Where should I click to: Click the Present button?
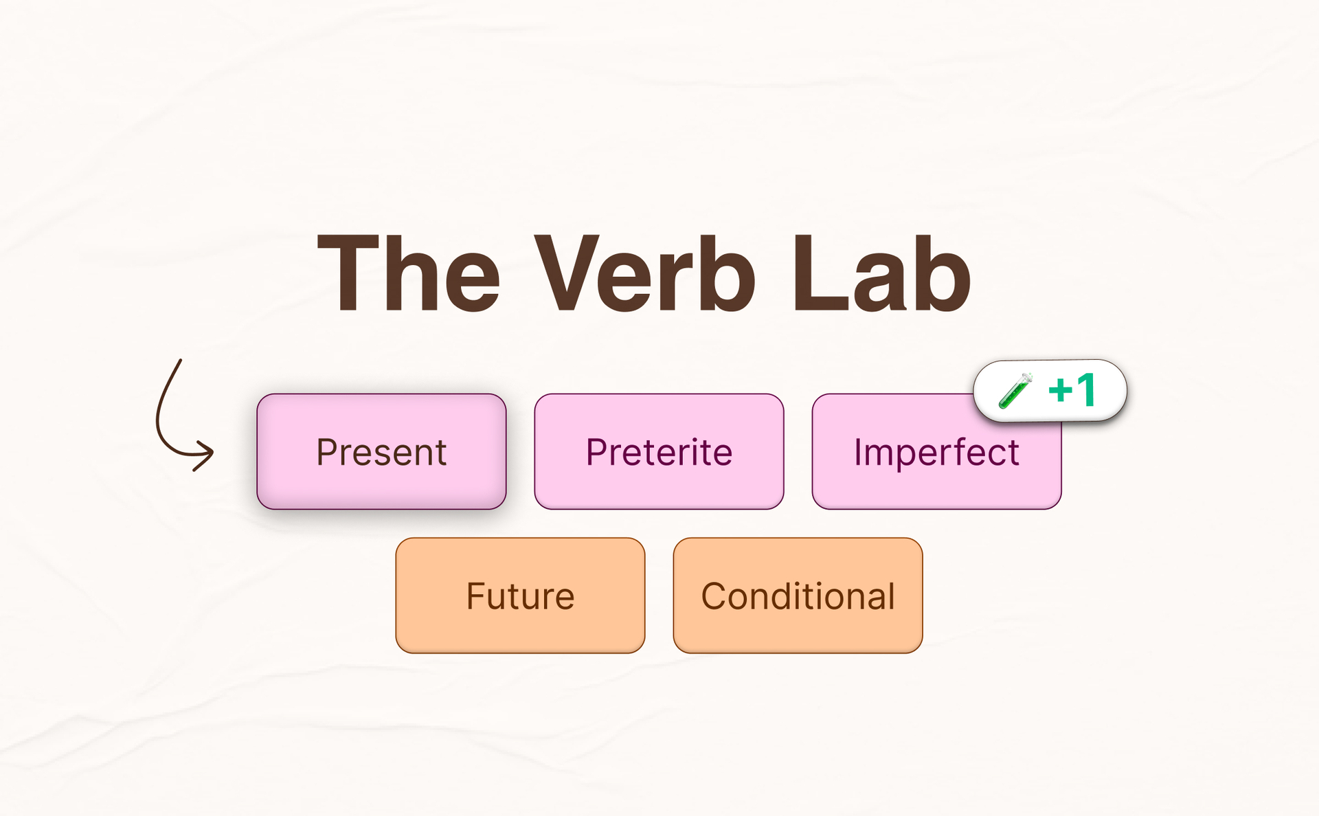[381, 451]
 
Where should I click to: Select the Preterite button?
[659, 451]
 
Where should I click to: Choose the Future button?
[520, 596]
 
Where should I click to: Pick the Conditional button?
[798, 596]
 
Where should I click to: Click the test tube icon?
[1015, 390]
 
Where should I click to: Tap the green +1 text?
[1072, 390]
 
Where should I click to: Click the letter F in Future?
[475, 596]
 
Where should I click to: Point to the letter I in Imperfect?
[858, 452]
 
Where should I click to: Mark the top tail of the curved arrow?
[179, 361]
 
